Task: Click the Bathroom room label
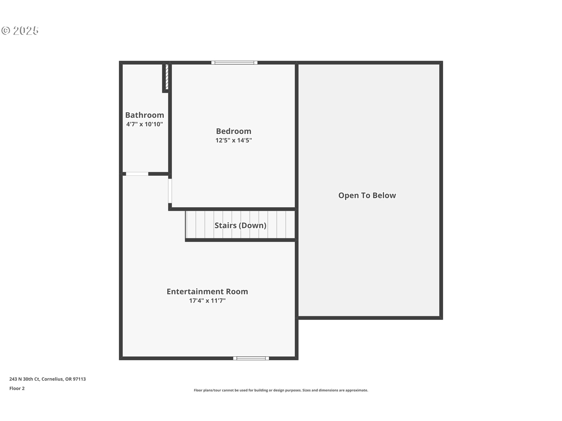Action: pyautogui.click(x=145, y=115)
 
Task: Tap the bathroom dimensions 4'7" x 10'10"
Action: pyautogui.click(x=145, y=124)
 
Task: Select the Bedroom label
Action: pyautogui.click(x=234, y=131)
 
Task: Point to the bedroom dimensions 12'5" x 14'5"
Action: pyautogui.click(x=234, y=140)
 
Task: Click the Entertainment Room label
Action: pyautogui.click(x=207, y=291)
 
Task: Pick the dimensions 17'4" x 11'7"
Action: pyautogui.click(x=207, y=301)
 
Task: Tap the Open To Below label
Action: pyautogui.click(x=367, y=196)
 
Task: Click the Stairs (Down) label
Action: pyautogui.click(x=240, y=225)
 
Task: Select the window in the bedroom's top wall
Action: pyautogui.click(x=234, y=63)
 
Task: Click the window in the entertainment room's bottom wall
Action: pyautogui.click(x=251, y=358)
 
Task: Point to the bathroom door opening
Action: pyautogui.click(x=137, y=174)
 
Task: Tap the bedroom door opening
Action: pyautogui.click(x=170, y=191)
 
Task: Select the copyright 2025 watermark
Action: pyautogui.click(x=20, y=31)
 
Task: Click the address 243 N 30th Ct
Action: pyautogui.click(x=25, y=379)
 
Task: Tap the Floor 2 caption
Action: pyautogui.click(x=17, y=389)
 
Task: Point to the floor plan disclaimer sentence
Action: pyautogui.click(x=281, y=390)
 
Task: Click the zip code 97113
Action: pyautogui.click(x=79, y=379)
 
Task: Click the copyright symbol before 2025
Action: pyautogui.click(x=6, y=31)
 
